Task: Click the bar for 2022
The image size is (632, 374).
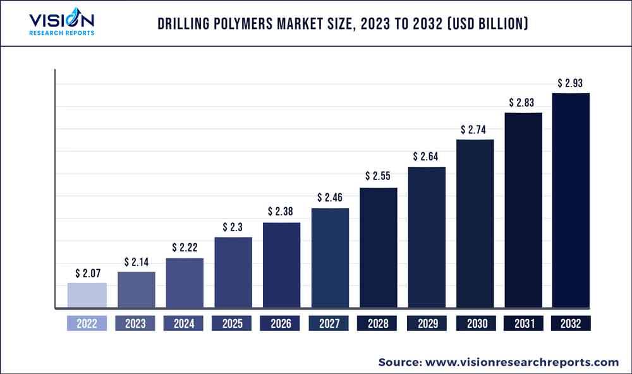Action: tap(87, 296)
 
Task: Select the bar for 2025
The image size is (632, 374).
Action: tap(233, 273)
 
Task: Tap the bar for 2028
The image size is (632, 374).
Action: tap(379, 248)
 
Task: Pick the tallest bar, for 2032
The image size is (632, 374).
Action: tap(571, 201)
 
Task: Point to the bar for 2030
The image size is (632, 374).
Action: tap(475, 224)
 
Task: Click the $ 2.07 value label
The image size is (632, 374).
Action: tap(87, 274)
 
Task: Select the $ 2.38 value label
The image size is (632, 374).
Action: tap(281, 211)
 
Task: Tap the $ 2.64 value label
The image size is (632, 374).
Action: tap(427, 156)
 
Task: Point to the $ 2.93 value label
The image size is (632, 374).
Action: tap(571, 83)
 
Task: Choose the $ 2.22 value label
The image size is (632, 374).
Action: tap(185, 247)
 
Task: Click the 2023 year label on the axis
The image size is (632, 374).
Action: tap(135, 323)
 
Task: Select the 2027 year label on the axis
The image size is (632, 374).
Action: tap(329, 323)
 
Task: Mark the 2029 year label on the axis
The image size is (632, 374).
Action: tap(427, 323)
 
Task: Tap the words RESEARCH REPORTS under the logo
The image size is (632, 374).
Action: tap(62, 33)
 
